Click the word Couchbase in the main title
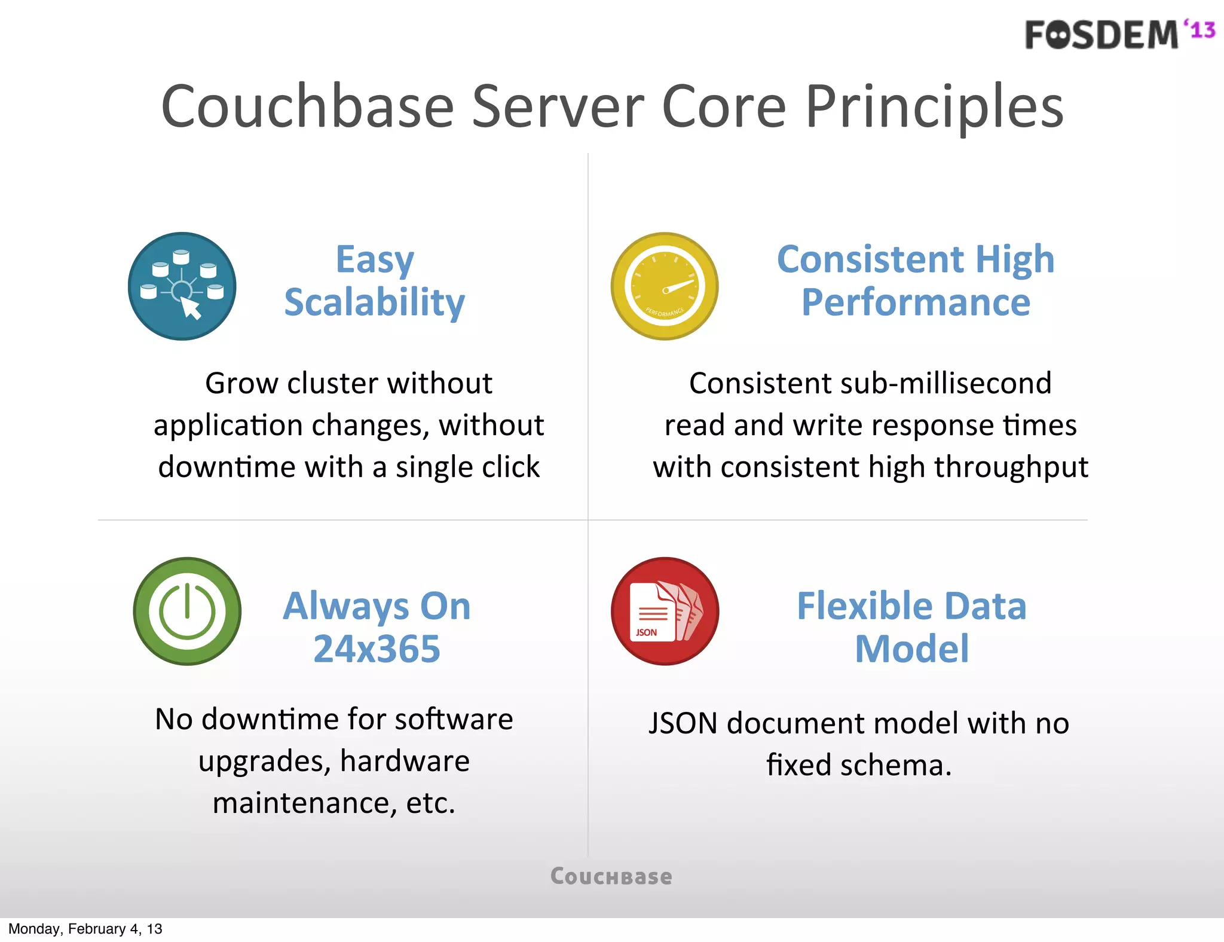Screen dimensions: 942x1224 point(307,108)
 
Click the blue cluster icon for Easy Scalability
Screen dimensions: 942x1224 point(182,286)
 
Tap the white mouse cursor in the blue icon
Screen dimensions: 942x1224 point(191,308)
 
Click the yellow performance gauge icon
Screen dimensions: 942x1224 point(665,286)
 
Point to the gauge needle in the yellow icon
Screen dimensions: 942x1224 point(679,286)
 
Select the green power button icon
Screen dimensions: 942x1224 point(187,611)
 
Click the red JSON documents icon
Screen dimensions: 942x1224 point(665,611)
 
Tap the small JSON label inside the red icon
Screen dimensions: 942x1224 point(646,632)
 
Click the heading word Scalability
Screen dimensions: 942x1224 point(374,302)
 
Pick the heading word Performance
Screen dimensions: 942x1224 point(916,302)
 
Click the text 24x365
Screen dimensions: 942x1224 point(377,649)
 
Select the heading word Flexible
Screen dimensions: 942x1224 point(865,606)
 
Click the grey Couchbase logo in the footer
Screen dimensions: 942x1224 point(611,877)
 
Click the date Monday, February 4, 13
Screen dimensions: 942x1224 point(85,929)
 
